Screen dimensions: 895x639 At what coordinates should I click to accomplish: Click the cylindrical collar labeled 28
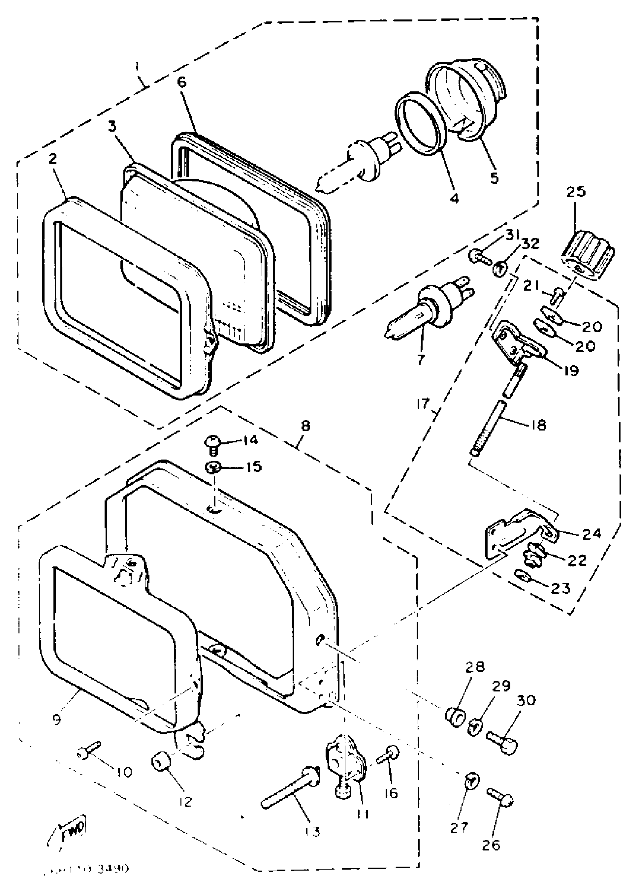[x=455, y=718]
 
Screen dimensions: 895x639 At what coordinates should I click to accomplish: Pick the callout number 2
[x=53, y=159]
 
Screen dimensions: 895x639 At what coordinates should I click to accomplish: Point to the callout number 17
[x=424, y=404]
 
